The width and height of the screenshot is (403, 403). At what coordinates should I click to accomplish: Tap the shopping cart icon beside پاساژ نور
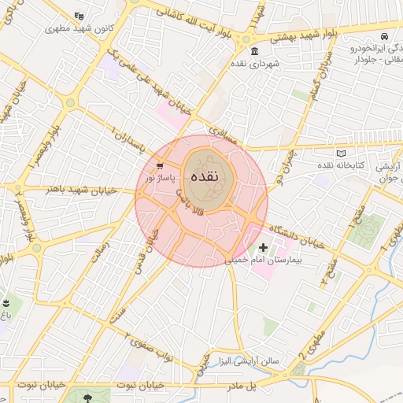tap(160, 166)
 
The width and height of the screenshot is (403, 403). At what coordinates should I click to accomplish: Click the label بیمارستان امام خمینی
tap(257, 259)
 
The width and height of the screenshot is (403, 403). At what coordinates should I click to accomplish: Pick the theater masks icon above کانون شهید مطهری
tap(78, 15)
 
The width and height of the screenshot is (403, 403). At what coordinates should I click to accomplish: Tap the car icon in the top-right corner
tap(383, 37)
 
